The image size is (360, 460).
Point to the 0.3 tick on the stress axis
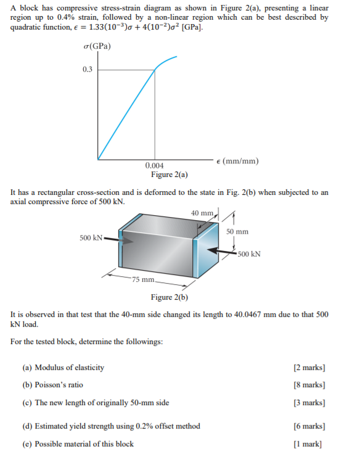[87, 69]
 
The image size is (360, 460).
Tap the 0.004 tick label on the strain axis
[154, 166]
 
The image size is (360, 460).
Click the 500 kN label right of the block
[248, 253]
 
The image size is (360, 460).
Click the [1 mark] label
[311, 443]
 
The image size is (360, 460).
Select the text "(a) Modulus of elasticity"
[63, 368]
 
